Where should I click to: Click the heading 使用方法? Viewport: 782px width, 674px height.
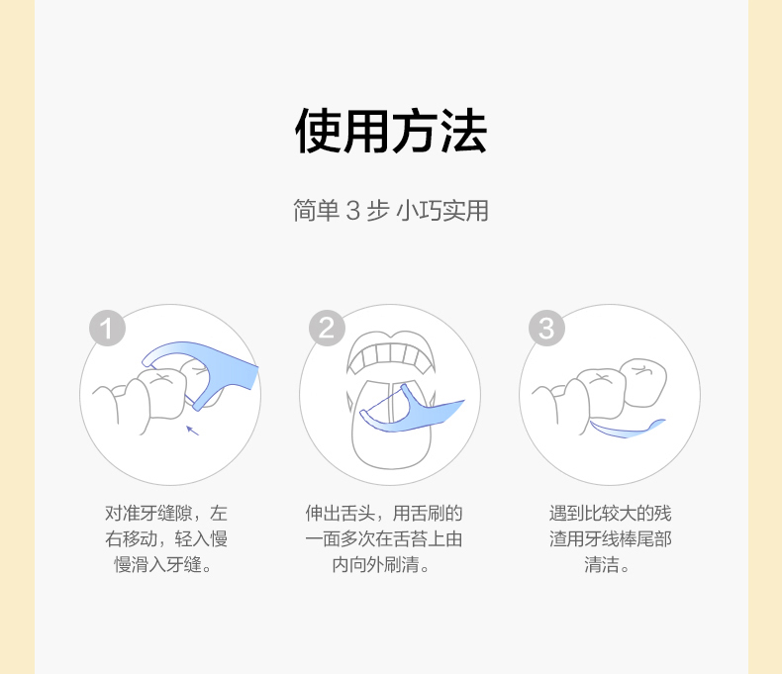point(391,131)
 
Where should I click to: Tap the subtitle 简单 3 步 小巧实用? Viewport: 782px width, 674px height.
point(391,211)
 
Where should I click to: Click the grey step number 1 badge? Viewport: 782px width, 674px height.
point(107,328)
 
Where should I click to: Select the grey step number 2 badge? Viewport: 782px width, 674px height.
point(328,328)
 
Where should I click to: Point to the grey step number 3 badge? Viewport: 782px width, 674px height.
point(547,328)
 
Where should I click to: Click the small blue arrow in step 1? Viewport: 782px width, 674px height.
point(192,431)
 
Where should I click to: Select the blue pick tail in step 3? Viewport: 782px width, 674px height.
point(628,430)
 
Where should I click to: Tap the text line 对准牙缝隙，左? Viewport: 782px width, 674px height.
point(166,513)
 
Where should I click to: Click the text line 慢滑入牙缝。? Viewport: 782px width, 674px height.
point(163,565)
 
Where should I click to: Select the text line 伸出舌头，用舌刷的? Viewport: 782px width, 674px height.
point(384,513)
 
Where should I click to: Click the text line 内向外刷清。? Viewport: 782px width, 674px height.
point(381,565)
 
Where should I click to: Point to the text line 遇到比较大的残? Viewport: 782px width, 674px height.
point(611,513)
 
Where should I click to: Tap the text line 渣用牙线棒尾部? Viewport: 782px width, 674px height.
point(611,538)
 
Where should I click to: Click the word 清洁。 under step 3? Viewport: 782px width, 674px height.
point(607,565)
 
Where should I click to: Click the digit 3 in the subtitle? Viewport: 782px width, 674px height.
point(352,211)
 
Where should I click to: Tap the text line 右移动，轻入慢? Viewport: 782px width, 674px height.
point(166,538)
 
